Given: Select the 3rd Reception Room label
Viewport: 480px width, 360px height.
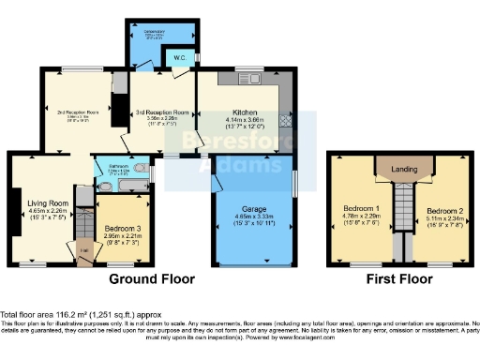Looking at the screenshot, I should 163,112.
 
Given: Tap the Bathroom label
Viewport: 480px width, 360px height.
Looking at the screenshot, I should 117,166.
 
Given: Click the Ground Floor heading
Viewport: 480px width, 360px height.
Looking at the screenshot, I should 152,279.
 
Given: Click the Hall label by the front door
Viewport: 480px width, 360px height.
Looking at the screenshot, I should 84,250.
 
